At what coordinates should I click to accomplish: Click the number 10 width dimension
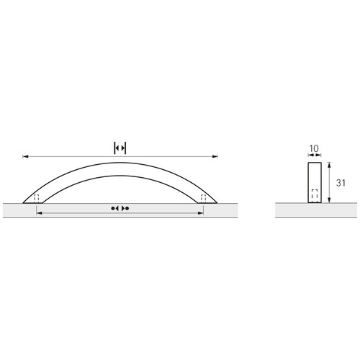tap(314, 148)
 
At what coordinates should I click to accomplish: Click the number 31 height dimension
tap(341, 183)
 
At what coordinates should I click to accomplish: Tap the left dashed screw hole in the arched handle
tap(36, 199)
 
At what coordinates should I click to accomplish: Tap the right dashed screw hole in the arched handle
tap(203, 199)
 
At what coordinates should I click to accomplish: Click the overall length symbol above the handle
tap(120, 148)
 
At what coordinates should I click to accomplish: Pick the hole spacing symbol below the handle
tap(120, 208)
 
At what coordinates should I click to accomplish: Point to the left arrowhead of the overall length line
tap(25, 156)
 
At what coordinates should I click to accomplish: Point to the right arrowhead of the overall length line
tap(215, 156)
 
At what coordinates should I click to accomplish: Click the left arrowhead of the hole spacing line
tap(39, 213)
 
